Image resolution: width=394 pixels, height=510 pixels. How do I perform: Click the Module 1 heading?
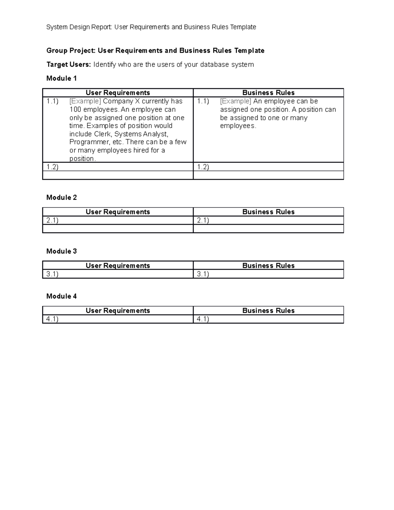pyautogui.click(x=61, y=78)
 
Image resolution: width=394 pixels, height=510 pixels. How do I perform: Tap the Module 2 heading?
pyautogui.click(x=61, y=197)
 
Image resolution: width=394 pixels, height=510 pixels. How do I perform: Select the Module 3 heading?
pyautogui.click(x=61, y=251)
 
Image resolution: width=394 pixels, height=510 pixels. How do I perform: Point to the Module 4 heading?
pyautogui.click(x=61, y=296)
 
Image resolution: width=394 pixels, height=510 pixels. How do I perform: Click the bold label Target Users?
pyautogui.click(x=68, y=64)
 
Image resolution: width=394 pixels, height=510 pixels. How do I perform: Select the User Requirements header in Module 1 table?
pyautogui.click(x=118, y=93)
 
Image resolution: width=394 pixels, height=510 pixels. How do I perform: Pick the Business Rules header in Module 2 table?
pyautogui.click(x=268, y=212)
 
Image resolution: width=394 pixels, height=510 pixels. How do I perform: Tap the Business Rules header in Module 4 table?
pyautogui.click(x=268, y=311)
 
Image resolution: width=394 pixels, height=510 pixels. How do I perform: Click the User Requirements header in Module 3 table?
pyautogui.click(x=118, y=266)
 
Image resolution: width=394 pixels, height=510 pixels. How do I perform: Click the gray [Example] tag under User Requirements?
pyautogui.click(x=85, y=101)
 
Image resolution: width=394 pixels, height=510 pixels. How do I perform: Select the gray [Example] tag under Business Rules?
pyautogui.click(x=235, y=101)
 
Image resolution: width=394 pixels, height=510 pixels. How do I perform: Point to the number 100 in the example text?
pyautogui.click(x=75, y=109)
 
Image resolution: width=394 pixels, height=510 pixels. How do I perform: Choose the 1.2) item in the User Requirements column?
pyautogui.click(x=52, y=167)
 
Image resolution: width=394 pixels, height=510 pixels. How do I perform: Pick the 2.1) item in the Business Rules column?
pyautogui.click(x=203, y=220)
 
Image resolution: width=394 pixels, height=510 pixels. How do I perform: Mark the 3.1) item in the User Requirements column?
pyautogui.click(x=52, y=274)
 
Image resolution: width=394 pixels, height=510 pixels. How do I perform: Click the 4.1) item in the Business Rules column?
pyautogui.click(x=203, y=319)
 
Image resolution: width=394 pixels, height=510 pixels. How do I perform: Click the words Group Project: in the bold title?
pyautogui.click(x=71, y=51)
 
